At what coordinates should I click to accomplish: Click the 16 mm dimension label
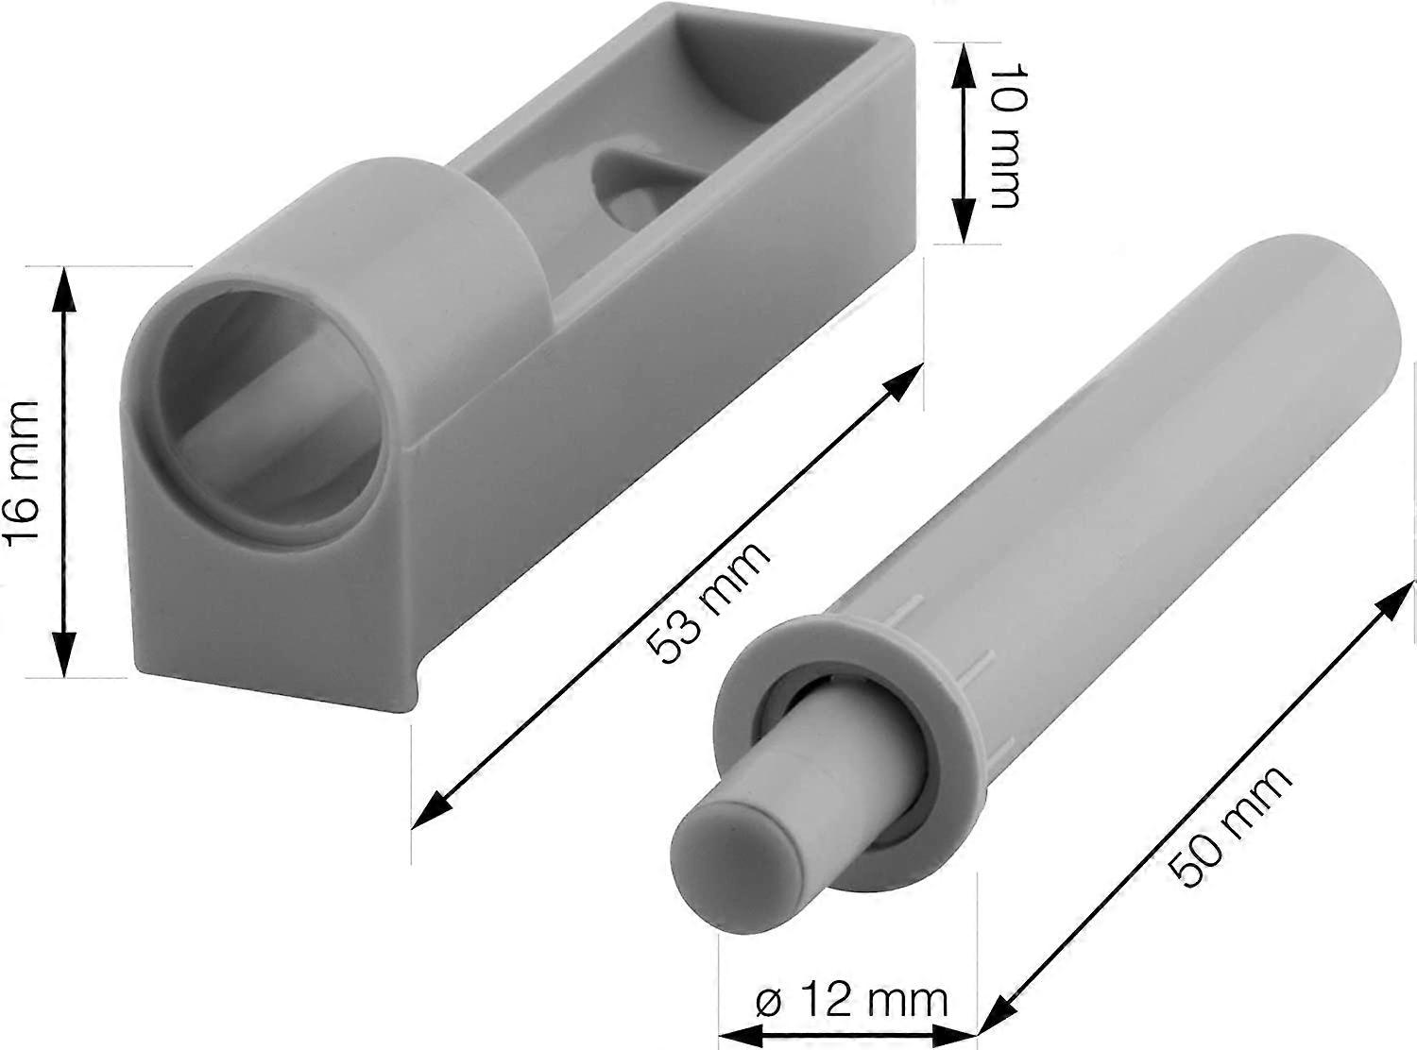pos(21,471)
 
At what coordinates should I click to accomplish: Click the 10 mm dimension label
pos(1003,137)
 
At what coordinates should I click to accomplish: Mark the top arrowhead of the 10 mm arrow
pos(962,57)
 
